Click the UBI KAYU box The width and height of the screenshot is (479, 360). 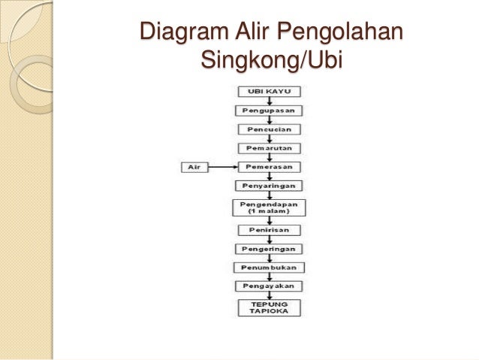[x=270, y=91]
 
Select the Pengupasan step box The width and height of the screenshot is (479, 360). [x=270, y=110]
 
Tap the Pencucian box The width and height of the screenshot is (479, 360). [x=270, y=129]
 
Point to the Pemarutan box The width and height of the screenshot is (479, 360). [x=270, y=147]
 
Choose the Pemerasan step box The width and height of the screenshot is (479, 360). [x=270, y=166]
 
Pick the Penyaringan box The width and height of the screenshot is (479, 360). [x=270, y=185]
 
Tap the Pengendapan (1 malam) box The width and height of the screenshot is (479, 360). [x=270, y=207]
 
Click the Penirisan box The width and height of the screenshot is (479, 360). [x=270, y=229]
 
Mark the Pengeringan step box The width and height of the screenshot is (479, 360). [x=270, y=248]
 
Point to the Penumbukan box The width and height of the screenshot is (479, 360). [x=270, y=267]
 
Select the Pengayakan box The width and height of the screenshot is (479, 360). [x=270, y=286]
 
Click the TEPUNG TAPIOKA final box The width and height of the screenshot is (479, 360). [x=270, y=308]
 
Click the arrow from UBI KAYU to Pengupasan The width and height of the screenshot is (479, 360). [x=270, y=101]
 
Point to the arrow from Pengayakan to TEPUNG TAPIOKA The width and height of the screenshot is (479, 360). [x=270, y=295]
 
